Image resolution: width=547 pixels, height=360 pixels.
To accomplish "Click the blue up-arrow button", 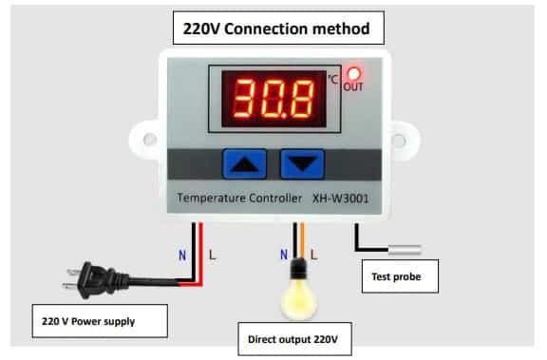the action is tap(245, 164).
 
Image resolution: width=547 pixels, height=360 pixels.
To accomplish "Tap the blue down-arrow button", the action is tap(302, 164).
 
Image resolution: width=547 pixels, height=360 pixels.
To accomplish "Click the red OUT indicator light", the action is tap(353, 74).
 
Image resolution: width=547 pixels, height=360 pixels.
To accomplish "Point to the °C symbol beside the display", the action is tap(332, 79).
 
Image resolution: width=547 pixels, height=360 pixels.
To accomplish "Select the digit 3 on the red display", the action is tap(243, 99).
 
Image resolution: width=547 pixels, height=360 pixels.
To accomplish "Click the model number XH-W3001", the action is tap(341, 199).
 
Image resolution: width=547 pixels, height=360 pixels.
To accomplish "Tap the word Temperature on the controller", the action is tap(210, 199).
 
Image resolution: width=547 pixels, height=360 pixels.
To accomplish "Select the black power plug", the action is tap(96, 280).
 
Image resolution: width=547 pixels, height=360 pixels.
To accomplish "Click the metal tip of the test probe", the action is tap(405, 250).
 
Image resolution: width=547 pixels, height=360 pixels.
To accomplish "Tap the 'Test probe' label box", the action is tap(400, 276).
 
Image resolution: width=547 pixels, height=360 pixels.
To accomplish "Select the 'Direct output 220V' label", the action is tap(294, 339).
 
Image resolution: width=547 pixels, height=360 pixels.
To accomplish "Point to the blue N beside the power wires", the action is tap(182, 256).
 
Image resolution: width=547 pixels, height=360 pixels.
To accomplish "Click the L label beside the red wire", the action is tap(212, 256).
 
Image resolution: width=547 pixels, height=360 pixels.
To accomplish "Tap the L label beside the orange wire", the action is tap(314, 255).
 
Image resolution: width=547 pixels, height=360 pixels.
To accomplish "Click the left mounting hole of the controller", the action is tap(150, 140).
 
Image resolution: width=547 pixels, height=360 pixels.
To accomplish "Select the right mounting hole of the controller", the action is tap(399, 141).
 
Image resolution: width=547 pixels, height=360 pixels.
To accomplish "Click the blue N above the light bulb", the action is tap(284, 255).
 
